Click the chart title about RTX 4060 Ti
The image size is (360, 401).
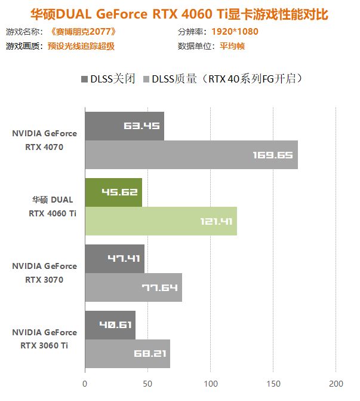(179, 13)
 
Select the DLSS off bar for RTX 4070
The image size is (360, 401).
(124, 126)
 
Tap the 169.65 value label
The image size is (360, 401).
(273, 155)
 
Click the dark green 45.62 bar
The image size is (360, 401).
(113, 192)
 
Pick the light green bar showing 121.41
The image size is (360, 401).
(161, 221)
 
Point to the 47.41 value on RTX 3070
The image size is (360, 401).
(123, 259)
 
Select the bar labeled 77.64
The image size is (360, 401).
(133, 287)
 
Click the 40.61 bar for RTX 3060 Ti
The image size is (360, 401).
(110, 325)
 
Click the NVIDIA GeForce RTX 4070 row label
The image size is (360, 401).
(44, 140)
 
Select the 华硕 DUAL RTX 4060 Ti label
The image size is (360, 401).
(53, 207)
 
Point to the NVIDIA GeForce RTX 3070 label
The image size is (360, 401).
(44, 273)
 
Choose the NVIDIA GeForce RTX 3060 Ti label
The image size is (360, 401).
(44, 339)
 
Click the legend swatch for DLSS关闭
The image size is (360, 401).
(82, 79)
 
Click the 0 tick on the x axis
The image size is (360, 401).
(85, 382)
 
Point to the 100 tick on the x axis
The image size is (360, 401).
(210, 382)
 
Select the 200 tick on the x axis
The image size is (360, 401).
(336, 382)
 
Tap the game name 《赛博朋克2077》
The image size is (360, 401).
(81, 32)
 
